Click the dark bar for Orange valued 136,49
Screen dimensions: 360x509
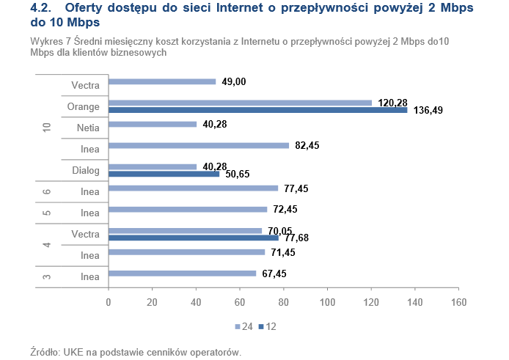coord(257,110)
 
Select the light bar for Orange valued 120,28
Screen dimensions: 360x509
coord(240,103)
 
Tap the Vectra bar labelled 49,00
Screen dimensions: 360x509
coord(162,81)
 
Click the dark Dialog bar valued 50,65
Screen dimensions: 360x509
coord(164,174)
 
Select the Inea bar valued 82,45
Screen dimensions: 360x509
coord(199,145)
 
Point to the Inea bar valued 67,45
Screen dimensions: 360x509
coord(182,273)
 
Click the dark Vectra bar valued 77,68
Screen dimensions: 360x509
coord(194,238)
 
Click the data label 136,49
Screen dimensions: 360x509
coord(427,110)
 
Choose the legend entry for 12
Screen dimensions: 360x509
coord(269,326)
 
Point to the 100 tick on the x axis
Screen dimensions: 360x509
coord(327,301)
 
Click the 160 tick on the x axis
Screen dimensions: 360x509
coord(458,301)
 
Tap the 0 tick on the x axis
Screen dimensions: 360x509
coord(109,301)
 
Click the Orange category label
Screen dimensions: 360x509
coord(84,106)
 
